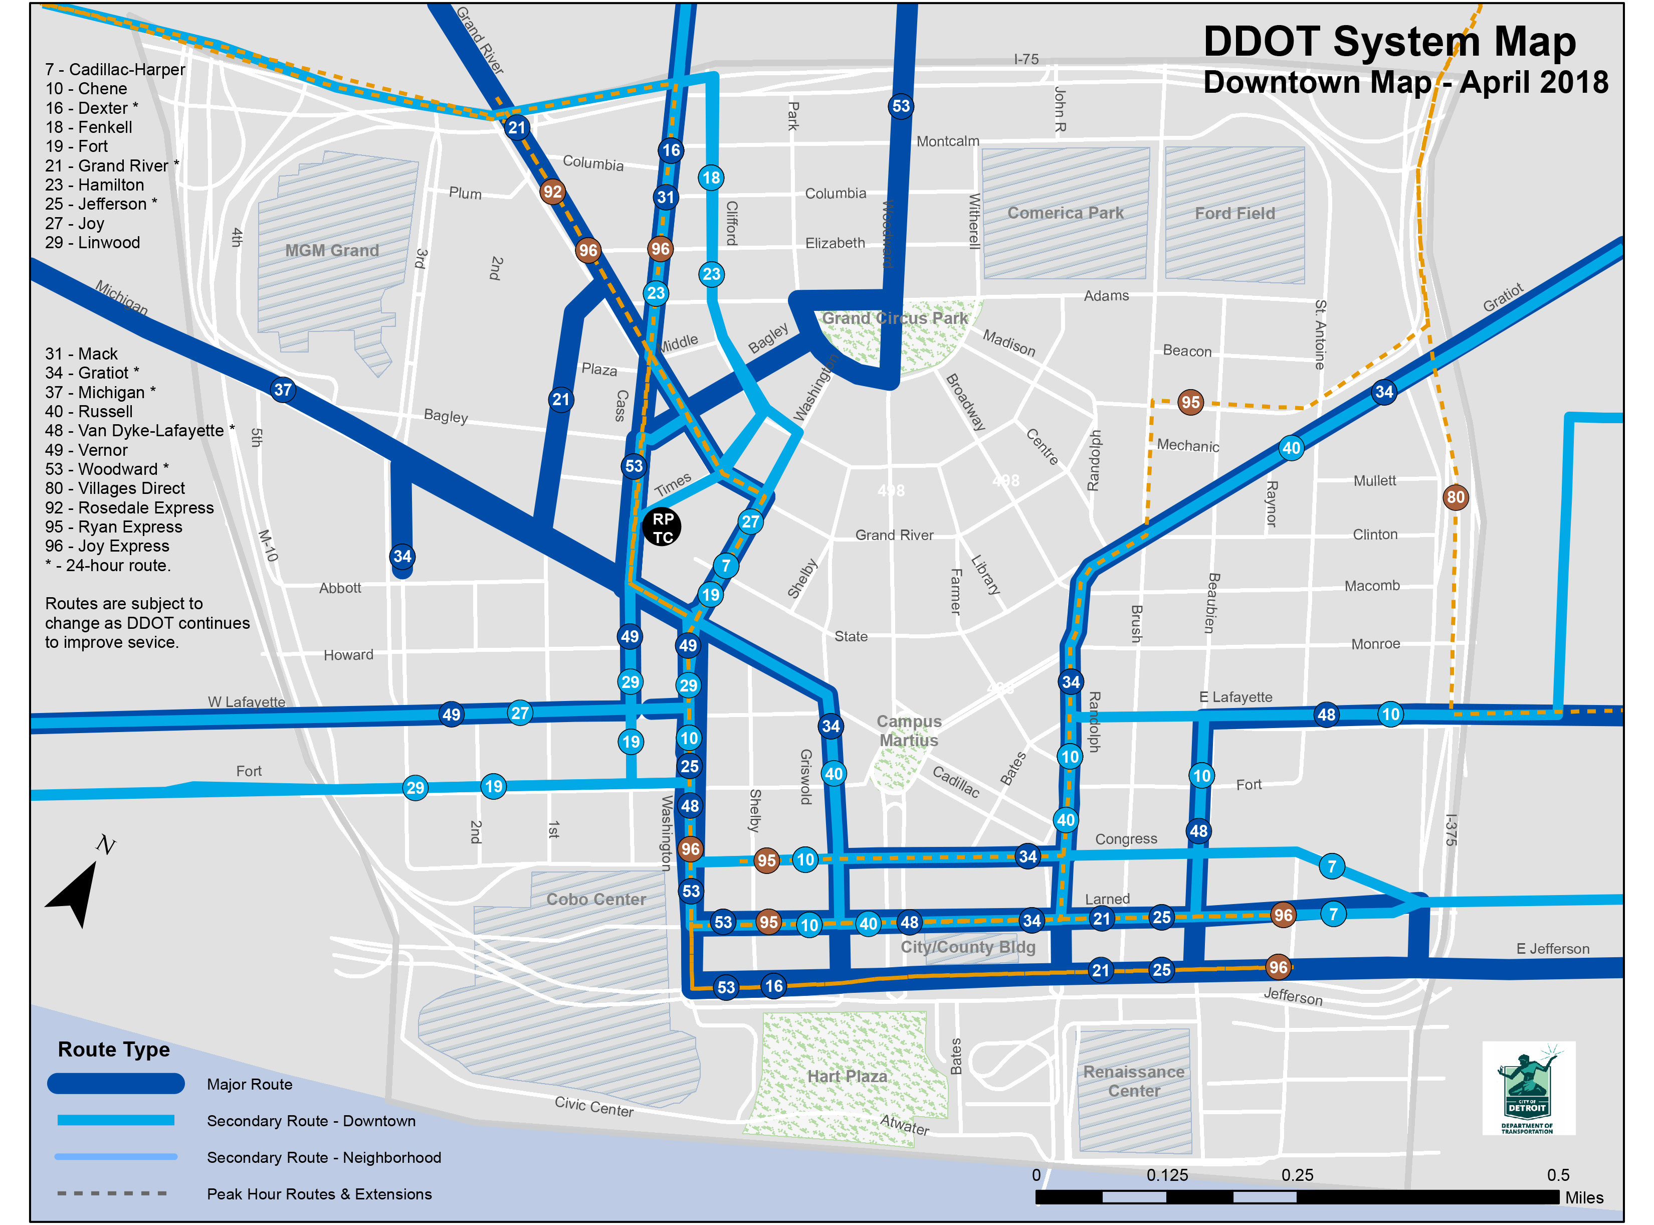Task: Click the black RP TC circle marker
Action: [x=662, y=527]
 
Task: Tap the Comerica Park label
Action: [x=1065, y=213]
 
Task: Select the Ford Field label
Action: [x=1234, y=214]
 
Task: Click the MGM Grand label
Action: [x=331, y=251]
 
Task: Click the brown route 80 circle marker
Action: [x=1455, y=497]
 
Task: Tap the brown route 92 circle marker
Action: [x=552, y=192]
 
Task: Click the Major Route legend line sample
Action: [x=116, y=1084]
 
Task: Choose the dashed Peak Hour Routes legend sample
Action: [x=113, y=1193]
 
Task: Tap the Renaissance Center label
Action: [x=1133, y=1081]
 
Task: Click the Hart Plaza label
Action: [x=846, y=1076]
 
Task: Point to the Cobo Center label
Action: [x=596, y=900]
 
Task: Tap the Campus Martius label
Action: [x=909, y=731]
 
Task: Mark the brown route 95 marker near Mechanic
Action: [x=1190, y=403]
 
